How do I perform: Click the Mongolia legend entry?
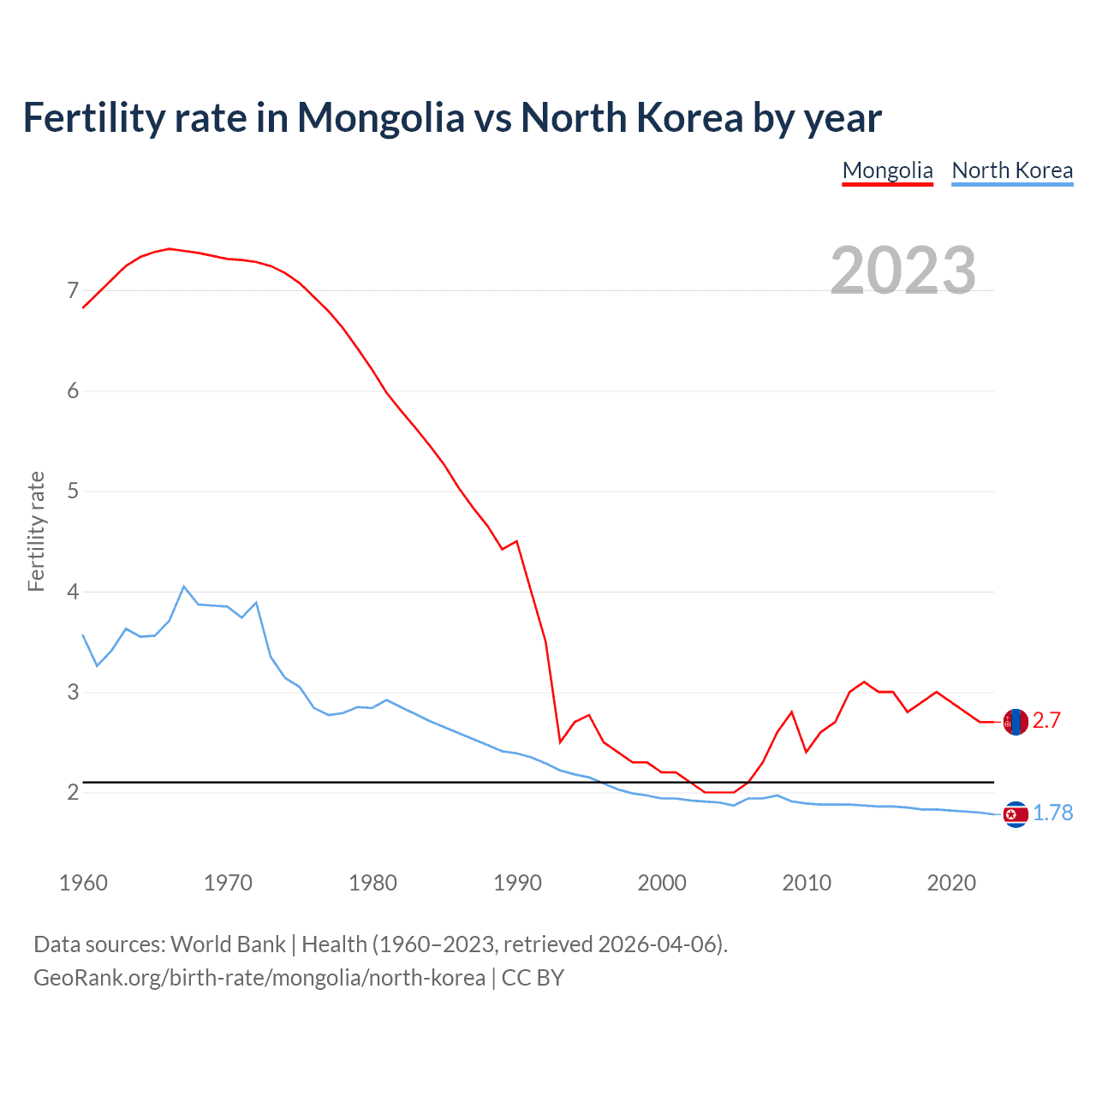click(887, 170)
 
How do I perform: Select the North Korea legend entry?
click(1012, 170)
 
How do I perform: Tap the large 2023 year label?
click(903, 271)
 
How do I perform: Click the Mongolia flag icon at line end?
click(1016, 722)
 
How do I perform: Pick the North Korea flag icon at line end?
click(1016, 813)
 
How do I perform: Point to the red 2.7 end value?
click(1046, 721)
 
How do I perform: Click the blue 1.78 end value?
click(1052, 813)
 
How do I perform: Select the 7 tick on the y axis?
click(73, 291)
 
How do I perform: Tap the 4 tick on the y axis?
click(73, 592)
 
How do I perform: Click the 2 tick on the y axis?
click(73, 793)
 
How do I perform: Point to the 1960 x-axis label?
click(83, 883)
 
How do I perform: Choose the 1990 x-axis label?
click(517, 883)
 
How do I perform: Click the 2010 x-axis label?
click(807, 883)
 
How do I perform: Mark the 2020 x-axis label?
click(951, 883)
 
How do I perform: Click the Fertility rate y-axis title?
click(36, 531)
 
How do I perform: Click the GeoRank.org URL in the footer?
click(259, 978)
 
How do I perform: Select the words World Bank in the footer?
click(228, 944)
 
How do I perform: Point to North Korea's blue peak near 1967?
click(183, 587)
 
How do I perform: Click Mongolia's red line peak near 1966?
click(170, 248)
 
